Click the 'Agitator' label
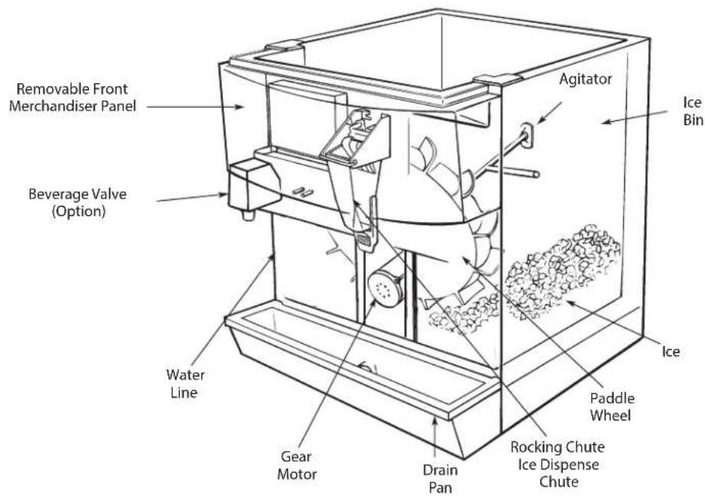click(x=586, y=79)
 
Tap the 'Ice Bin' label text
click(x=693, y=110)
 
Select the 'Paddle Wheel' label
click(x=612, y=407)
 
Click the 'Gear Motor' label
click(x=297, y=465)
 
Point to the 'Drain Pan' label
click(x=440, y=479)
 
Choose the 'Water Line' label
click(x=184, y=383)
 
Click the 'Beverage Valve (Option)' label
click(x=78, y=202)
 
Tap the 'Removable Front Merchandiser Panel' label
click(x=73, y=97)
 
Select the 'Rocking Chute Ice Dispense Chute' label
click(x=557, y=464)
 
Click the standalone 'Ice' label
click(x=671, y=351)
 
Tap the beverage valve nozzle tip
click(x=248, y=215)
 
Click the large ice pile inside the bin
click(x=562, y=270)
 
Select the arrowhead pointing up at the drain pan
click(x=434, y=420)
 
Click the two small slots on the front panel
click(x=302, y=192)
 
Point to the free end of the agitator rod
click(x=536, y=174)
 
